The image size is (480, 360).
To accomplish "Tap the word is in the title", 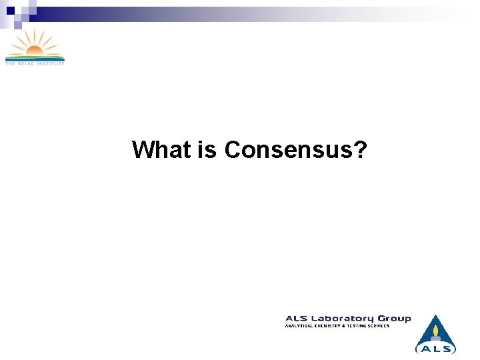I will click(x=207, y=149).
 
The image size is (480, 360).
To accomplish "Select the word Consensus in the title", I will click(x=287, y=150).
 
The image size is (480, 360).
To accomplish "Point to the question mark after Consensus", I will click(x=360, y=149).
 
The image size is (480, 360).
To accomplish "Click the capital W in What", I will click(x=143, y=149).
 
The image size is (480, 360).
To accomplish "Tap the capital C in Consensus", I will click(x=233, y=150).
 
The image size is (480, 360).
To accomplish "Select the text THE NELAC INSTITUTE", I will click(x=35, y=63).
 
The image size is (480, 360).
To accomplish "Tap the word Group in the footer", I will click(x=394, y=319).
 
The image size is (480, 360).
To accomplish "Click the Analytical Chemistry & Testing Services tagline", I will click(x=337, y=326).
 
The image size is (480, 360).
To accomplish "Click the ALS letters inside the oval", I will click(x=436, y=348).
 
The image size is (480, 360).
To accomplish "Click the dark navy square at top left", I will click(x=11, y=10).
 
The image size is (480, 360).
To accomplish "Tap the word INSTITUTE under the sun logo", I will click(x=51, y=63).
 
